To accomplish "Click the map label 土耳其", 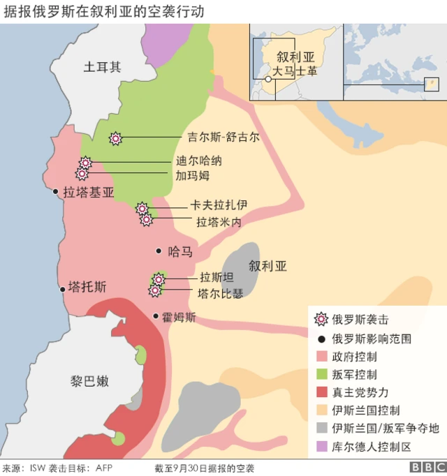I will [x=102, y=67].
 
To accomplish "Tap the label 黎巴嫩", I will [x=89, y=381].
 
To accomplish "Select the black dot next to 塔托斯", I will [x=61, y=287].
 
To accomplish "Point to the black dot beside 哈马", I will [x=159, y=251].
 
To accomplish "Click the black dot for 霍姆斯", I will [x=155, y=316].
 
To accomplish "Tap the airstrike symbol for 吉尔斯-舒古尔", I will [x=116, y=138].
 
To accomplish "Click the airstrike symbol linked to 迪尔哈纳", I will [x=85, y=163].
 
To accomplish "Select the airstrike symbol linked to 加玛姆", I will [x=82, y=174].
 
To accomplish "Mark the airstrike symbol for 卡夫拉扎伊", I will [x=142, y=208].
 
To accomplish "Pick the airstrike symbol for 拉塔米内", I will [x=147, y=220].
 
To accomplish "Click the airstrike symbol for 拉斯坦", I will [x=159, y=279].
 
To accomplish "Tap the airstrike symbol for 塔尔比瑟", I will [x=154, y=291].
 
